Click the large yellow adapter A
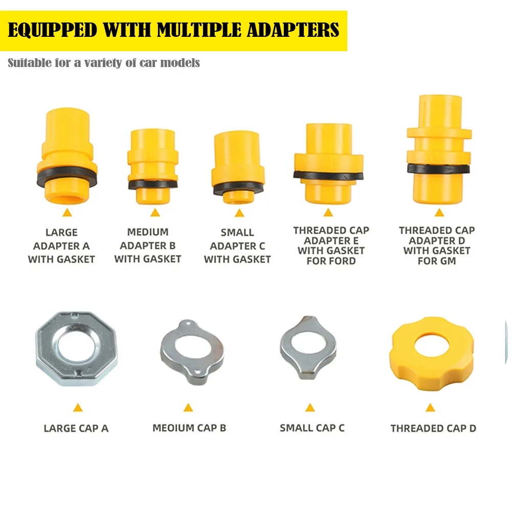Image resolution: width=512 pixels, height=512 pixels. click(x=67, y=156)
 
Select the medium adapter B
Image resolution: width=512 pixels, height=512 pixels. click(x=153, y=167)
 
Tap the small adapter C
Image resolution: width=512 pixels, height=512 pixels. click(x=238, y=168)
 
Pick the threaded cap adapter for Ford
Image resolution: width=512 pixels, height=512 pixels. click(x=329, y=163)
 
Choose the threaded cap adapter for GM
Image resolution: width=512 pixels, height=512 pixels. click(x=439, y=149)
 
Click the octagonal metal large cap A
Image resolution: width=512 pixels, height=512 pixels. click(x=76, y=348)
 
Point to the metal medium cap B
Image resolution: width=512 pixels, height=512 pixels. click(x=192, y=352)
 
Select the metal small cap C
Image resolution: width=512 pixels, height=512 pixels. click(x=308, y=347)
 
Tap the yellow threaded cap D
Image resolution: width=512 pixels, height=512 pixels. click(x=432, y=353)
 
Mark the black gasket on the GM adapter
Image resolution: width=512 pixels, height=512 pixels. click(x=438, y=168)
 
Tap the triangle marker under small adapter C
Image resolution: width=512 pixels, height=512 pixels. click(x=239, y=213)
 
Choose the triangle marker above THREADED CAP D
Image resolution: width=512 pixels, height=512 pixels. click(x=430, y=408)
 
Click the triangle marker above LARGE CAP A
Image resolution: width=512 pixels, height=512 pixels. click(x=78, y=408)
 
